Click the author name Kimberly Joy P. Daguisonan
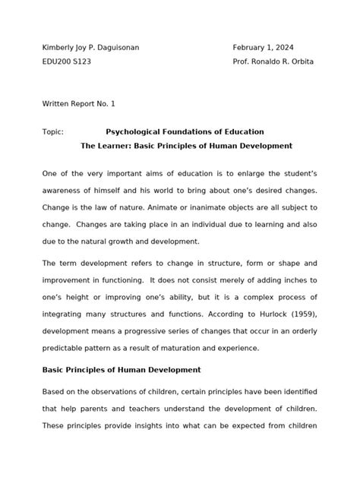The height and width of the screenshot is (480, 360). [90, 47]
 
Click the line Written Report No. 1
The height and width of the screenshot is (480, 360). [79, 103]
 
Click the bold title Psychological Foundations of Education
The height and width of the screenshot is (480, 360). [185, 131]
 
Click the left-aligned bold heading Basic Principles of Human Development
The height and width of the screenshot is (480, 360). [122, 369]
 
